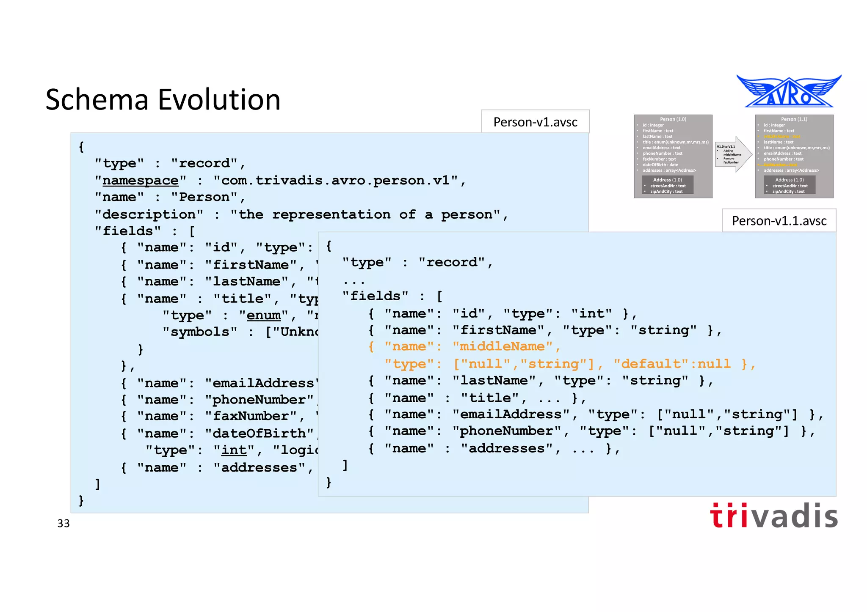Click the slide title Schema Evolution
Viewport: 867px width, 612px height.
pyautogui.click(x=163, y=100)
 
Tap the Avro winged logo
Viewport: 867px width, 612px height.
pyautogui.click(x=789, y=92)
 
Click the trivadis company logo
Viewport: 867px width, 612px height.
pyautogui.click(x=773, y=516)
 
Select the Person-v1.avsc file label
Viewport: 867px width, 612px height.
pyautogui.click(x=535, y=122)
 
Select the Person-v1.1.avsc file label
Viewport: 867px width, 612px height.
pyautogui.click(x=779, y=221)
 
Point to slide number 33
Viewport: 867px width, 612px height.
pyautogui.click(x=64, y=524)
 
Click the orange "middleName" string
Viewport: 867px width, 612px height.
pyautogui.click(x=502, y=347)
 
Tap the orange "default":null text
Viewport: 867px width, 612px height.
pyautogui.click(x=672, y=364)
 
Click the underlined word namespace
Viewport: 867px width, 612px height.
pyautogui.click(x=141, y=181)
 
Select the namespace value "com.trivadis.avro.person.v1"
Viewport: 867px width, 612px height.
pyautogui.click(x=336, y=181)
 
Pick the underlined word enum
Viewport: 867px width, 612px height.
pyautogui.click(x=264, y=316)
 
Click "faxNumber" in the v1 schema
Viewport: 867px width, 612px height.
pyautogui.click(x=251, y=416)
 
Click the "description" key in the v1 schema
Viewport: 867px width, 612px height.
pyautogui.click(x=149, y=215)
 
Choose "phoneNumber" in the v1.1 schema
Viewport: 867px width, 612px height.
pyautogui.click(x=507, y=431)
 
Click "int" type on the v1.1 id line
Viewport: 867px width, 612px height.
pyautogui.click(x=591, y=314)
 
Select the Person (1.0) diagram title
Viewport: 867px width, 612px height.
pyautogui.click(x=673, y=119)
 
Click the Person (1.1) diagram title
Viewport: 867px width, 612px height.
pyautogui.click(x=794, y=119)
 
